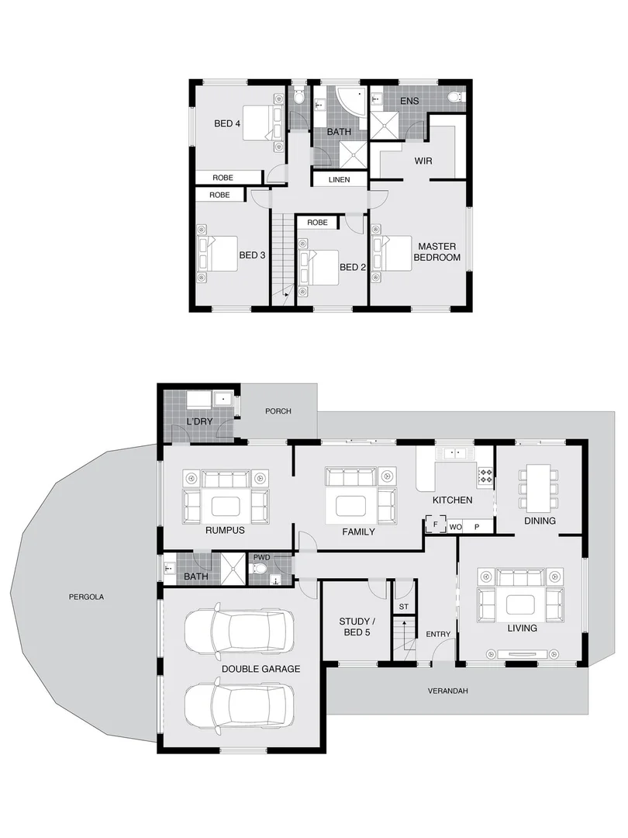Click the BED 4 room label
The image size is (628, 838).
228,123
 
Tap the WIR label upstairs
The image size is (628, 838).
423,161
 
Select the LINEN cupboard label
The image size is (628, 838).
339,180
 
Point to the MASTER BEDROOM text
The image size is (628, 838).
437,251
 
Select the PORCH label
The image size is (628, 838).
278,411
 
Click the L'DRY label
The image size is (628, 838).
199,421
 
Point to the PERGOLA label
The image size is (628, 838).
86,597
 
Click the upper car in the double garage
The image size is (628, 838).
240,631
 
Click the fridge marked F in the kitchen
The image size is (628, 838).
436,525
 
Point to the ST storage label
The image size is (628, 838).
403,607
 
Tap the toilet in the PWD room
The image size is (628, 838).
261,570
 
